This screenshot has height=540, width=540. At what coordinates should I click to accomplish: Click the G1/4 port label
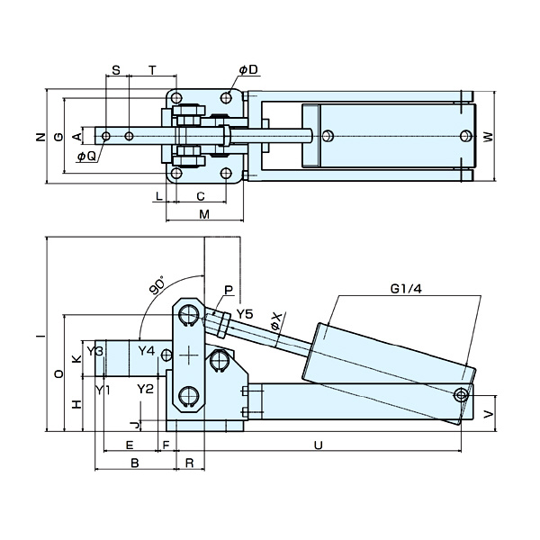(407, 289)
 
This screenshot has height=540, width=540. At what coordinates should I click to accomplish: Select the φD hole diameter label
(248, 69)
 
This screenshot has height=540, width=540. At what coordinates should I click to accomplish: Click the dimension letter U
(318, 445)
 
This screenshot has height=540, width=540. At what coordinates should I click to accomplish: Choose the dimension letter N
(39, 137)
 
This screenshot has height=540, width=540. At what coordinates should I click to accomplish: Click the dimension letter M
(204, 213)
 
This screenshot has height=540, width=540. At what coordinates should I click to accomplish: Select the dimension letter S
(117, 69)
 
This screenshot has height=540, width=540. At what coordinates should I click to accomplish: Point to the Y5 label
(245, 313)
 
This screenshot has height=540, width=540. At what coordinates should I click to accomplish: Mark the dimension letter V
(488, 414)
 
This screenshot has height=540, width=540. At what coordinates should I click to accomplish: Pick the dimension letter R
(189, 462)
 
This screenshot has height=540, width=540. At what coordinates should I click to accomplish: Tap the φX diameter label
(277, 320)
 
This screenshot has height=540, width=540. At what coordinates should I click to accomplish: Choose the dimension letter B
(134, 462)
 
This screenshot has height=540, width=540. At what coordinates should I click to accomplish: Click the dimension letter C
(201, 195)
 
